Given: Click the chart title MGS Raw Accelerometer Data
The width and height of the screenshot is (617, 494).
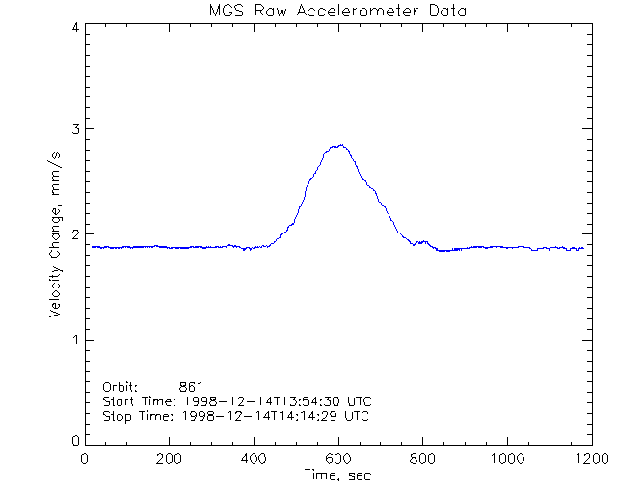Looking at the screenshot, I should click(338, 11).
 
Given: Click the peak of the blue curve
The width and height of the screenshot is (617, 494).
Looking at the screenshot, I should click(337, 145).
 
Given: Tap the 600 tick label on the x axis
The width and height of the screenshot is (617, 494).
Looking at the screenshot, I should click(337, 459).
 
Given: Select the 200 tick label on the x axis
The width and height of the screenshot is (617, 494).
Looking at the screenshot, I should click(170, 459).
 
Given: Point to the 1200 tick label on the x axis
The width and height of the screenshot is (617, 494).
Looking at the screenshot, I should click(589, 459).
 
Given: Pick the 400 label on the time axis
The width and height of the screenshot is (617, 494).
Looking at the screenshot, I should click(254, 459).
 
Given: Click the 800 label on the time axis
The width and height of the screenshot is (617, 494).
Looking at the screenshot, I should click(421, 459).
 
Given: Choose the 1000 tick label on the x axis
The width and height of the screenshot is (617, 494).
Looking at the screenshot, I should click(505, 459).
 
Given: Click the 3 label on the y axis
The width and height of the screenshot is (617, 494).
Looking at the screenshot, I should click(74, 129).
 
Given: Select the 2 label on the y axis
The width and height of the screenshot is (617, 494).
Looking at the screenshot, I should click(74, 234).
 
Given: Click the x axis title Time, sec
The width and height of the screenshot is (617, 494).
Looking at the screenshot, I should click(337, 476).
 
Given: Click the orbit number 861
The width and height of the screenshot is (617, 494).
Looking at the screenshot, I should click(204, 386).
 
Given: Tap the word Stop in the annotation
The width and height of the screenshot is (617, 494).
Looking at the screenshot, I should click(118, 416).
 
